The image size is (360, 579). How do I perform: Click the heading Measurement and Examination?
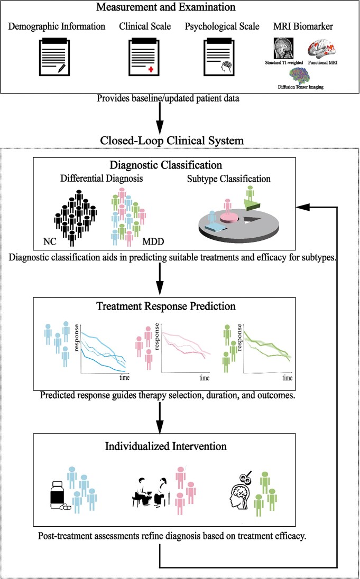tap(180, 8)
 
